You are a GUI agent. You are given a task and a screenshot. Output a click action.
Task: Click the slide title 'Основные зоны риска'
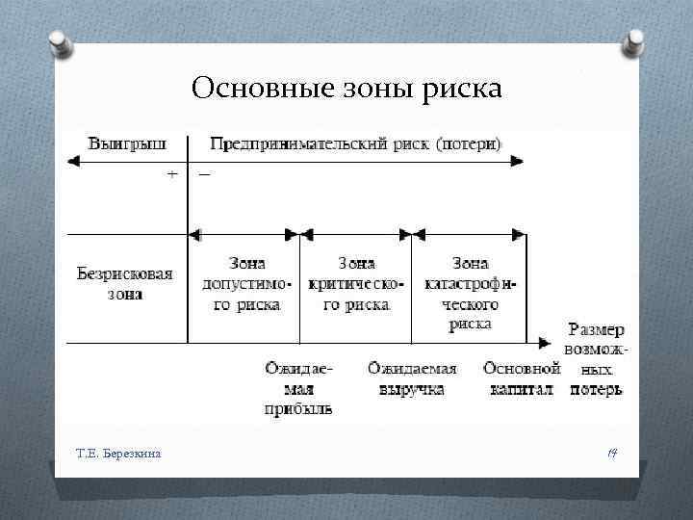[x=346, y=89]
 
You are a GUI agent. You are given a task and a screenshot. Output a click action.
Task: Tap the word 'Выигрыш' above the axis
[x=126, y=143]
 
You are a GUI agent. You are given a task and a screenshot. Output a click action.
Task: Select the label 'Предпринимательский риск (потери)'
[x=356, y=143]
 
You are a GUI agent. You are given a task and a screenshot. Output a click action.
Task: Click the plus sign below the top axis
[x=171, y=175]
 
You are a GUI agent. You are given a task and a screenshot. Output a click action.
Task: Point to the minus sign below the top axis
[x=205, y=175]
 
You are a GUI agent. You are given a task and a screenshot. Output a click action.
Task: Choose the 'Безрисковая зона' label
[x=125, y=283]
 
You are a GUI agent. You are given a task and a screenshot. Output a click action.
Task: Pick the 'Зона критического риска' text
[x=355, y=283]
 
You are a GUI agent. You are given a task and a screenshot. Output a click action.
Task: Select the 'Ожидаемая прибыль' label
[x=298, y=389]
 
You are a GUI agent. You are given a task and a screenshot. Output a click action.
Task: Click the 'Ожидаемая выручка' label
[x=412, y=378]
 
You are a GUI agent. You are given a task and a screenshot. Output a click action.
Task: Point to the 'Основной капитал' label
[x=522, y=378]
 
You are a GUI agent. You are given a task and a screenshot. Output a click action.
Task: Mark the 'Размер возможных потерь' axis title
[x=595, y=359]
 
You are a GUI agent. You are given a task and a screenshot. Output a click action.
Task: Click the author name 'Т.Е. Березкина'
[x=118, y=452]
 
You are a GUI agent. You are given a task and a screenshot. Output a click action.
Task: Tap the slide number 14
[x=610, y=451]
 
